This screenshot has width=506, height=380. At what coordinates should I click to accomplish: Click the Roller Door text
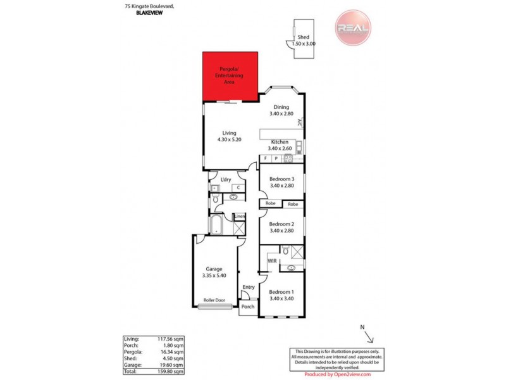pyautogui.click(x=214, y=301)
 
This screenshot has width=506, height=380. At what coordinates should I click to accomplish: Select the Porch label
pyautogui.click(x=247, y=307)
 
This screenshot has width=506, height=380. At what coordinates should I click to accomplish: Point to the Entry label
pyautogui.click(x=249, y=287)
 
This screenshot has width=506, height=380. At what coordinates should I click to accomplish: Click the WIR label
pyautogui.click(x=272, y=261)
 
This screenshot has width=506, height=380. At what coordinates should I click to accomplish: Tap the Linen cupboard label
pyautogui.click(x=239, y=217)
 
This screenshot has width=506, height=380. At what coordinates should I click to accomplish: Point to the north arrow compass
pyautogui.click(x=367, y=334)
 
